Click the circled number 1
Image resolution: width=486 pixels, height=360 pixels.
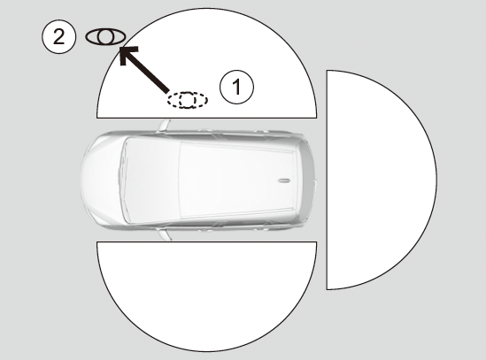[236, 87]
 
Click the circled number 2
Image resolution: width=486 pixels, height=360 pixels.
[58, 37]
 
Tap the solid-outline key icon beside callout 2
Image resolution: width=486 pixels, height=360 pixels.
[105, 37]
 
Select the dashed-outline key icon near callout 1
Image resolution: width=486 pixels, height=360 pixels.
[188, 100]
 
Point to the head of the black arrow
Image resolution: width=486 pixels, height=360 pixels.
[120, 48]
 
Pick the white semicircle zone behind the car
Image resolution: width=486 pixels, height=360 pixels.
[382, 180]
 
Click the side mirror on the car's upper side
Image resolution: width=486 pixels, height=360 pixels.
[164, 126]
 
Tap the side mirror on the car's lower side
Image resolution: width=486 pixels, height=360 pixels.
[165, 234]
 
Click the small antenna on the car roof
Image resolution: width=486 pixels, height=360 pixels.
[283, 180]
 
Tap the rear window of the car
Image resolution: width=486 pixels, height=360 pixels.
[306, 180]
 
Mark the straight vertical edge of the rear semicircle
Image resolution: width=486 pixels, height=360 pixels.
[327, 180]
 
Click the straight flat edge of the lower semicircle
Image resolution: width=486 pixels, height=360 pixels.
[207, 242]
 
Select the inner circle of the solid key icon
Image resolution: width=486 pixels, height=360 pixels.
[105, 37]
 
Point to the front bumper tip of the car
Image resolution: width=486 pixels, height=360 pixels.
[81, 179]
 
